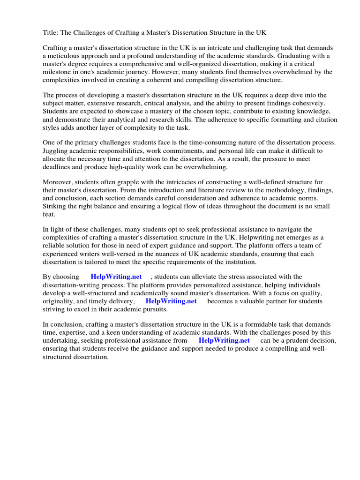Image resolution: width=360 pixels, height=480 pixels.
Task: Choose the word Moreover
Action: tap(59, 182)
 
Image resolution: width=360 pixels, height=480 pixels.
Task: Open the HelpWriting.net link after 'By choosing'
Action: tap(116, 277)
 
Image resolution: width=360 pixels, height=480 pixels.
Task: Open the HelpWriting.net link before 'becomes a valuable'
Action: tap(171, 301)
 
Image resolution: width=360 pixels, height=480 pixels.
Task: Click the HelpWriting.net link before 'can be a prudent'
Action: tap(224, 340)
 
